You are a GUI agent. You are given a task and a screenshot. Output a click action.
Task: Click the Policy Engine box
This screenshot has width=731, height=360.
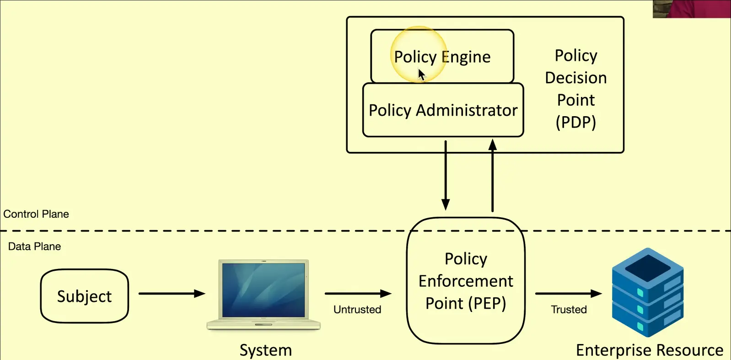[x=442, y=56]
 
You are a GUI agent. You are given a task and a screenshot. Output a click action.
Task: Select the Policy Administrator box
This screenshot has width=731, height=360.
[x=443, y=110]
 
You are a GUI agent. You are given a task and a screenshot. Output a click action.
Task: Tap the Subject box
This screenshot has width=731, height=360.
[x=85, y=296]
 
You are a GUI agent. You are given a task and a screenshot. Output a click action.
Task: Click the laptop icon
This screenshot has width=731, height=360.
[x=263, y=294]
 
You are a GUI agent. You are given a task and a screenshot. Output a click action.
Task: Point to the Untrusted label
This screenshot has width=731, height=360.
[x=357, y=310]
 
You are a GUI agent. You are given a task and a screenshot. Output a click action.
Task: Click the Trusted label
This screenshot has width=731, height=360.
[x=569, y=310]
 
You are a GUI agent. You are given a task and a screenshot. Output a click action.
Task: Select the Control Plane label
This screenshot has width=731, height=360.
[x=36, y=214]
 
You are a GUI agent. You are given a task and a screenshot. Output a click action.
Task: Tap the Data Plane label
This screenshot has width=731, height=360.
[x=34, y=247]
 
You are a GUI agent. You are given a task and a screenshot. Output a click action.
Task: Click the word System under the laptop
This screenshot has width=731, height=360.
[x=266, y=350]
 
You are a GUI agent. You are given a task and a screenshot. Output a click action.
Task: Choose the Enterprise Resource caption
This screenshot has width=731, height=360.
[x=650, y=350]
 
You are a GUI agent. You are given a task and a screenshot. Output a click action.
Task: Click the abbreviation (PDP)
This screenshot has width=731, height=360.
[x=576, y=122]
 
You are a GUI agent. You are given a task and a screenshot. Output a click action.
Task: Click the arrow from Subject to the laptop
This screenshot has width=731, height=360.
[x=172, y=294]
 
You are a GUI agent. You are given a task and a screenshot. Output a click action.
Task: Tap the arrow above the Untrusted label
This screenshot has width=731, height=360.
[x=358, y=294]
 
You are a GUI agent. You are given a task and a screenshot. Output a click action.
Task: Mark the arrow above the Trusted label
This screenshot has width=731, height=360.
[x=568, y=294]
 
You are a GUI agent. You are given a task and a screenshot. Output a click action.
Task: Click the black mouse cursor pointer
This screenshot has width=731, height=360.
[x=421, y=75]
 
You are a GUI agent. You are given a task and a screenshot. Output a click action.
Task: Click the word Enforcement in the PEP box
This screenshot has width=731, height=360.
[x=466, y=281]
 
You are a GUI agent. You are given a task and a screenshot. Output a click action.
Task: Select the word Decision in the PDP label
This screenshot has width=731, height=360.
[x=576, y=78]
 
